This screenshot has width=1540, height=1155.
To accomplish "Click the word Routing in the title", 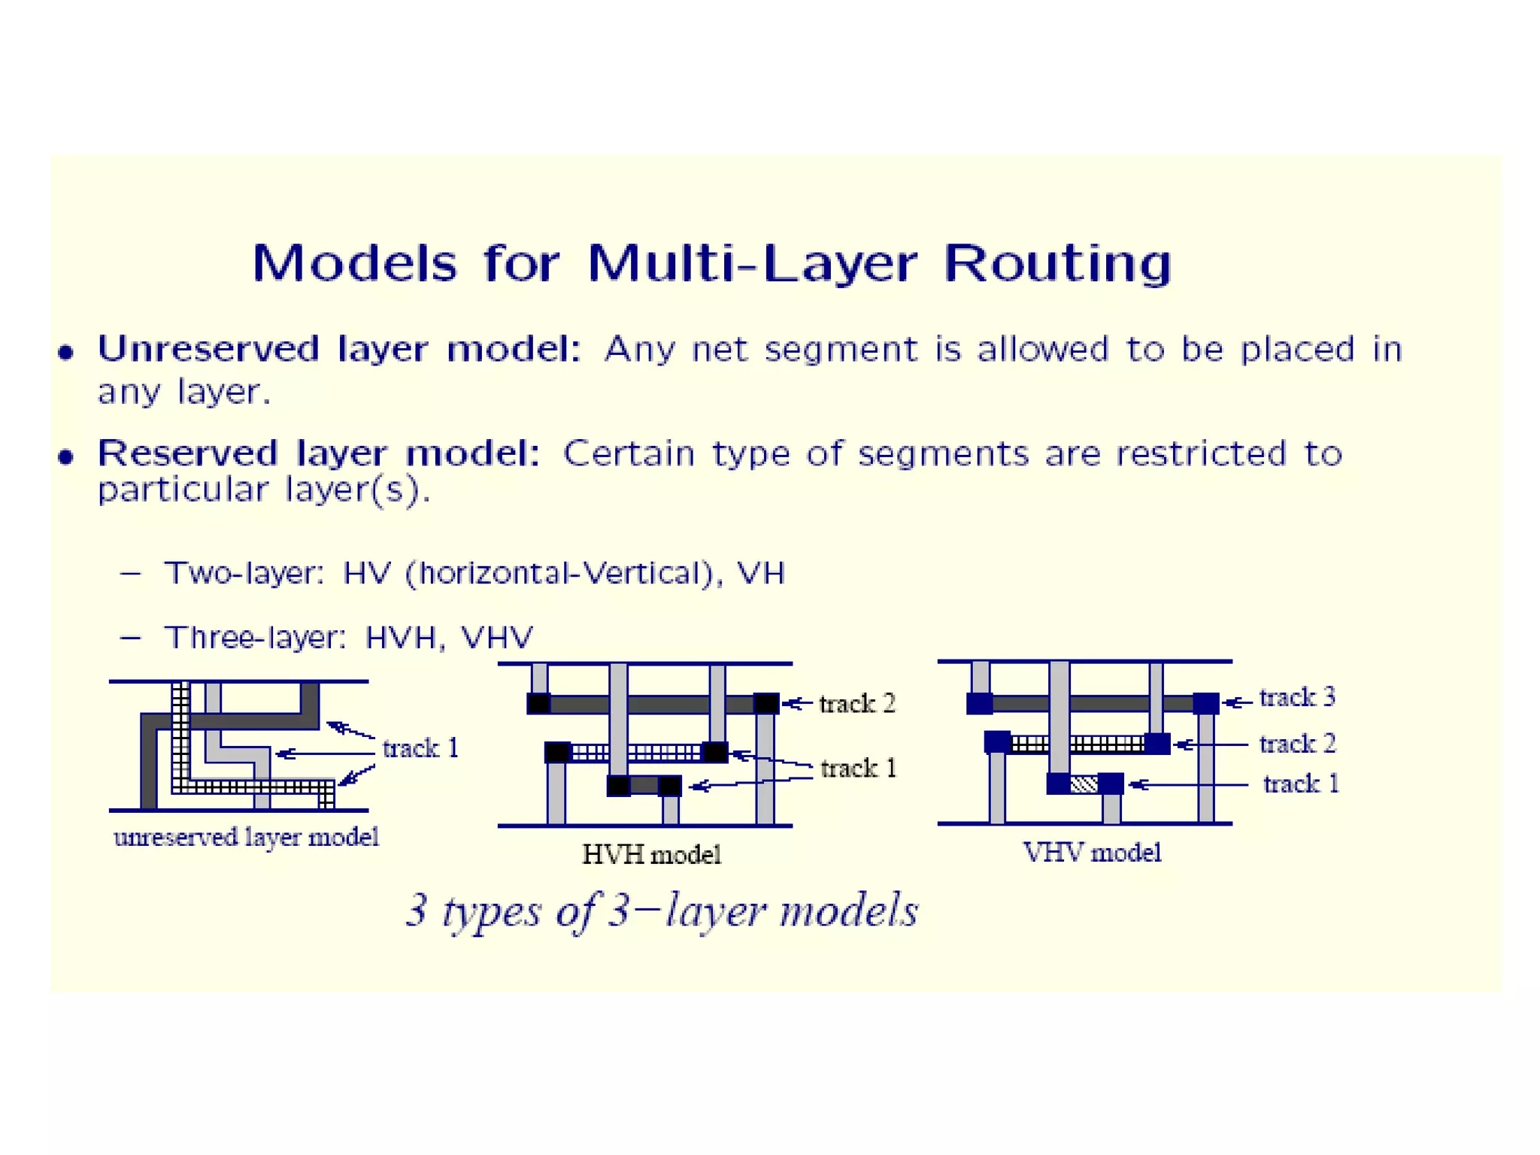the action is (x=1057, y=264).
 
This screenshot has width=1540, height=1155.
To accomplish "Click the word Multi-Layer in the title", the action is (x=751, y=264).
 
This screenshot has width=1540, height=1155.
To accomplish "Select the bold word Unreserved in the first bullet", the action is (x=208, y=349).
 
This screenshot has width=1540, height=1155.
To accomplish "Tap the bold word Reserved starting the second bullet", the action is (x=187, y=453).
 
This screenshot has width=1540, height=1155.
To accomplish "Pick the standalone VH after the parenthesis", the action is (x=761, y=573).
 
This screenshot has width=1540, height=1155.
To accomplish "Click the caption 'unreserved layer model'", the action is (x=246, y=837).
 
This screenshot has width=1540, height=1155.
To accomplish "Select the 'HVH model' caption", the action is (x=651, y=854).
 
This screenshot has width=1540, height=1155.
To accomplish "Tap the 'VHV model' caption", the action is (x=1092, y=852).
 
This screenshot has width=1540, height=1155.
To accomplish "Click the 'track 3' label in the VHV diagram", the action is (x=1297, y=697).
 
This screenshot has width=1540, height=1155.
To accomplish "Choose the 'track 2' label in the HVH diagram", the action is (x=857, y=703).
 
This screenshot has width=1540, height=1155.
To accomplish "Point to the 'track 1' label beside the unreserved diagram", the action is (x=420, y=748).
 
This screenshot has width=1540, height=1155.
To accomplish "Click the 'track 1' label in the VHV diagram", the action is (x=1301, y=784).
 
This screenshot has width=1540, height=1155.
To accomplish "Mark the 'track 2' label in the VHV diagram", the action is (x=1297, y=744).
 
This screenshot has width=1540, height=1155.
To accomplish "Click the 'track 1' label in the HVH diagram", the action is (x=859, y=768).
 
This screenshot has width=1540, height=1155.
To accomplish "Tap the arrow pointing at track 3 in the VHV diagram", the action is (x=1238, y=702).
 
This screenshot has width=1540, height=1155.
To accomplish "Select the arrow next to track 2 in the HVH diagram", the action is (x=797, y=704).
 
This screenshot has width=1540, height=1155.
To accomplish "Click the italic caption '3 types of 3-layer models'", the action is (x=662, y=911).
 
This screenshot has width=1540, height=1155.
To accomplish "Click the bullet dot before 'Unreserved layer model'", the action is (x=66, y=352).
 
